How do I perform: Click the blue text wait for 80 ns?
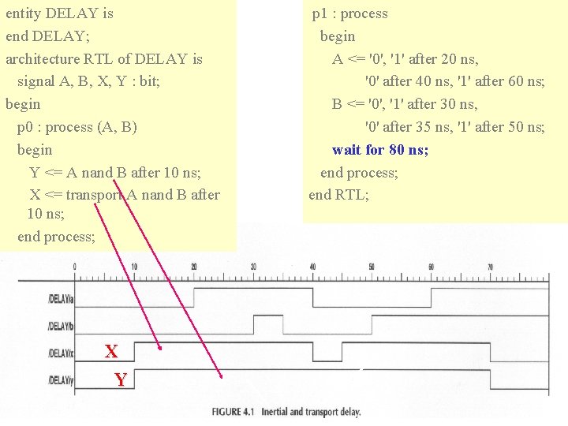380,150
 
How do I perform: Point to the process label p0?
24,127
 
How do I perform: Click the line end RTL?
338,195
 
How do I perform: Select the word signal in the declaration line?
36,81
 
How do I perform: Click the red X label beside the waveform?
111,352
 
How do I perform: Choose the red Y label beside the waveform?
120,380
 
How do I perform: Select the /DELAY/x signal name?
61,353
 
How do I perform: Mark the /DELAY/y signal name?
61,381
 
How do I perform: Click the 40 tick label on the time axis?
313,267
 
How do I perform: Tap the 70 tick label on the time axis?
491,267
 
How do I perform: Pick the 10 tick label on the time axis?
134,267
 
